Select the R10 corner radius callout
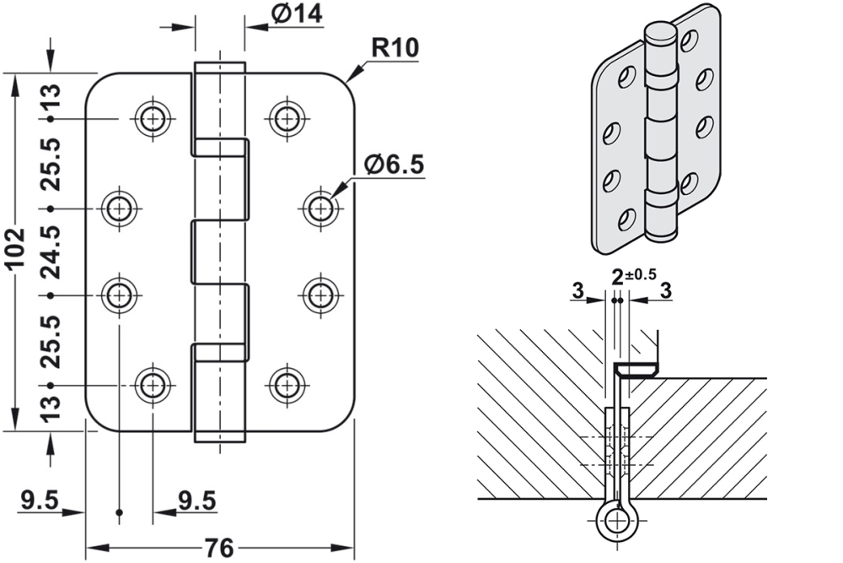coord(395,47)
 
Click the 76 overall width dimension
coord(219,547)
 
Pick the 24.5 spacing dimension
coord(50,252)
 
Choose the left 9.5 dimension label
coord(39,501)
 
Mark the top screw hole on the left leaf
coord(152,119)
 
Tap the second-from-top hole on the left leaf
coord(120,208)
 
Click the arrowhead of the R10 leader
coord(350,82)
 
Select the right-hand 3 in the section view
coord(665,290)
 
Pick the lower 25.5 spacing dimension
coord(50,340)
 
